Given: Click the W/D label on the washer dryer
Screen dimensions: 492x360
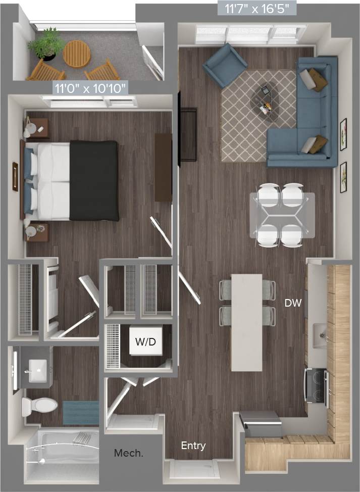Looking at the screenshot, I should [x=145, y=342].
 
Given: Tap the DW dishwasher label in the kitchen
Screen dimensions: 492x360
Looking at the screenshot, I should [x=293, y=303].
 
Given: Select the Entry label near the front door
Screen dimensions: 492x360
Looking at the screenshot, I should [x=193, y=446].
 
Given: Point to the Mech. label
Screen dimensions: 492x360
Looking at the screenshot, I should [x=128, y=453].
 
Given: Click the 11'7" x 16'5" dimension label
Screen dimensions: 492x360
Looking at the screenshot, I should [x=256, y=8].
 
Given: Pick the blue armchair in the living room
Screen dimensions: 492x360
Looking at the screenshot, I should [x=225, y=65].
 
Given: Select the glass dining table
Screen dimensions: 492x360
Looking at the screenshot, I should [x=282, y=215].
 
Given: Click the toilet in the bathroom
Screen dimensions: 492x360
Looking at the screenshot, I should [x=39, y=405].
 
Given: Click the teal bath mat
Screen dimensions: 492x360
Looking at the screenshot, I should [x=81, y=413].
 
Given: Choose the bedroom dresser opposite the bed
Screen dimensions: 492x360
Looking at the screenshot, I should [x=163, y=167].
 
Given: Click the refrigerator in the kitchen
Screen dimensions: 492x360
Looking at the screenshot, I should [x=261, y=423].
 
